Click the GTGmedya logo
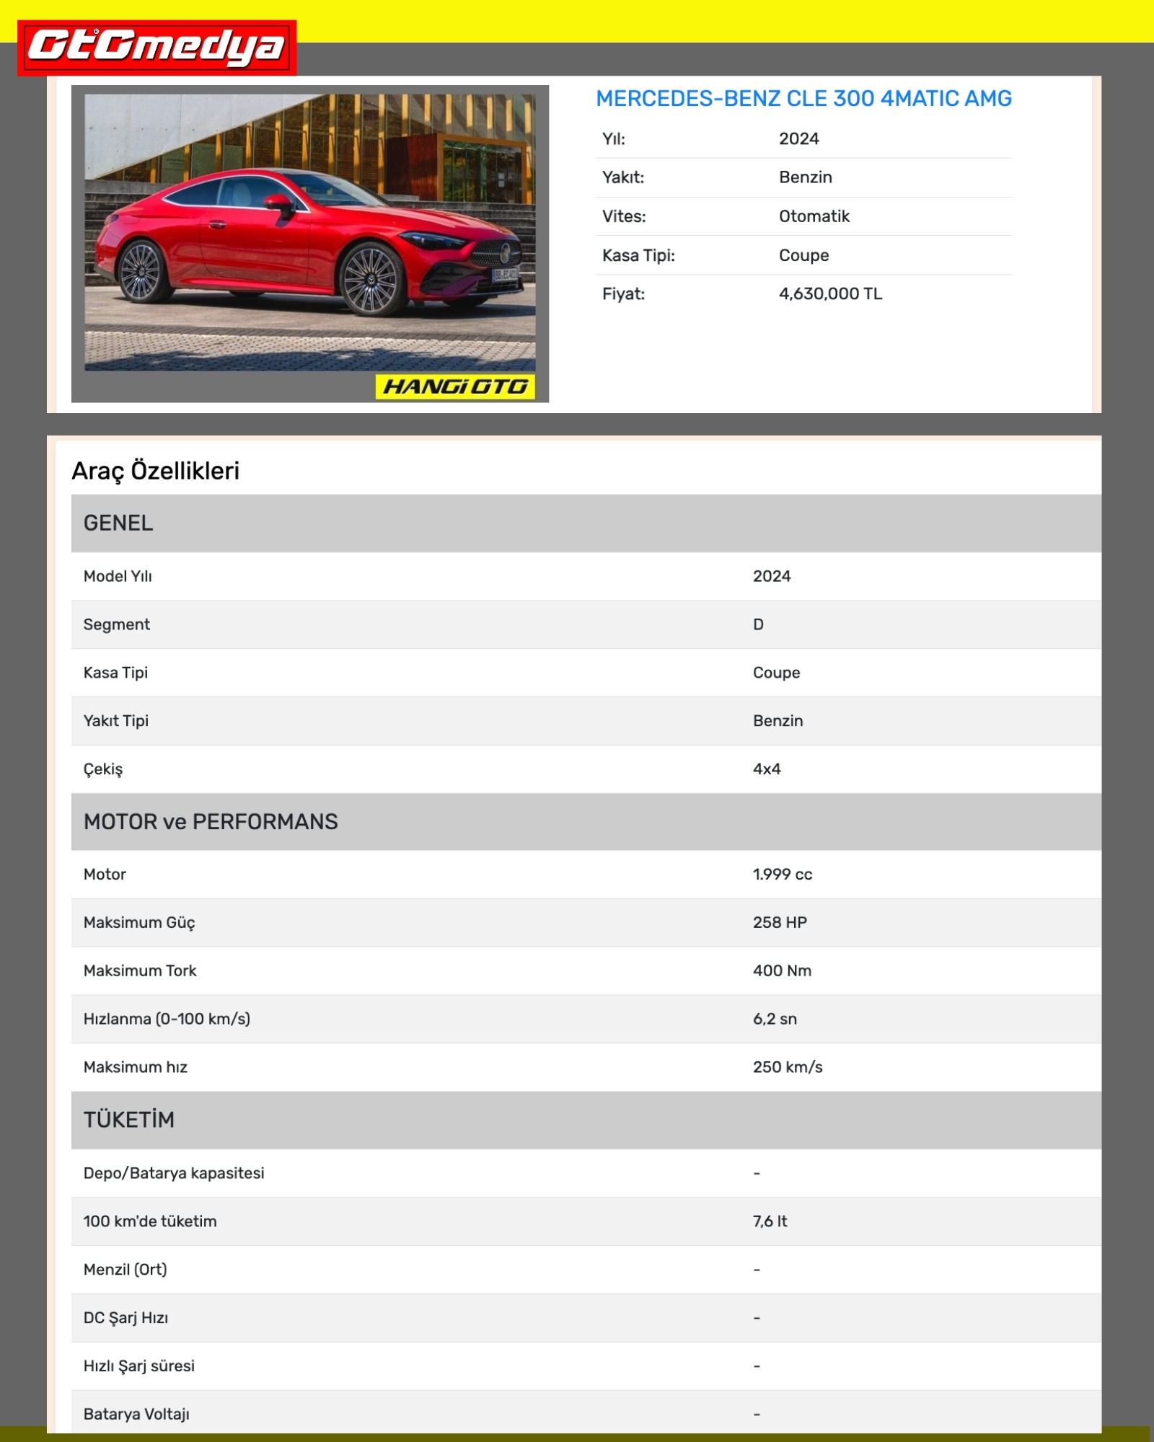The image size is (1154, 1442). coord(157,48)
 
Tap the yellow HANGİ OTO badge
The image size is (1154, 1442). coord(455,387)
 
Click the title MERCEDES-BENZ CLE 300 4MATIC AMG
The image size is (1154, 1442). coord(803,99)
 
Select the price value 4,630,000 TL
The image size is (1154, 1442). coord(830,294)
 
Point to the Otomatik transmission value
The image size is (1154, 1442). coord(814,216)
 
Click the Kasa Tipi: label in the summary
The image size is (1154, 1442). coord(638,255)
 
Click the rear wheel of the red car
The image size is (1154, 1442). coord(141,272)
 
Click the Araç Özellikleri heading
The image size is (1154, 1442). coord(155,471)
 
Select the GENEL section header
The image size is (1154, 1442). coord(118,523)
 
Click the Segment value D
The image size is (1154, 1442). coord(758,624)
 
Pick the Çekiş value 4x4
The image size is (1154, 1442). coord(767,769)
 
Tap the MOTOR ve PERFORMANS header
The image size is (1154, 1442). coord(211,822)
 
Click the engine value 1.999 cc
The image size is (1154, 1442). coord(783,875)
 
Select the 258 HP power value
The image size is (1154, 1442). coord(780,923)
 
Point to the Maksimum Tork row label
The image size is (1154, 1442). coord(140,971)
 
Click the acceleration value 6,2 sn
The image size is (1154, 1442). coord(775,1019)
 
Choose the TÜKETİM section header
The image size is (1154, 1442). coord(129,1120)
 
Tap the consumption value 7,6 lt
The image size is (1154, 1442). coord(770,1221)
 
